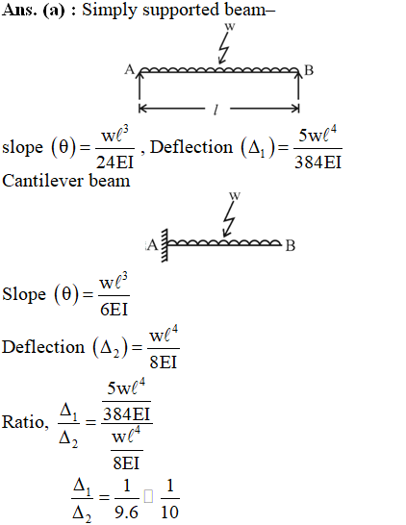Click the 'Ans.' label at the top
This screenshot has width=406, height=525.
click(x=19, y=10)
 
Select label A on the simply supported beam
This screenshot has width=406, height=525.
click(x=130, y=69)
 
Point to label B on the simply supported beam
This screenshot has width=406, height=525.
click(x=309, y=70)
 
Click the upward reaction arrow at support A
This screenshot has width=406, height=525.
click(x=140, y=86)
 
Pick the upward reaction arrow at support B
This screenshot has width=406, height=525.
click(x=298, y=86)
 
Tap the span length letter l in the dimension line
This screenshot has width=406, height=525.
click(x=216, y=110)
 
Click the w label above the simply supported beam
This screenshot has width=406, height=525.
click(x=230, y=27)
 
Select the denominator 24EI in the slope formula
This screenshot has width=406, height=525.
click(x=114, y=162)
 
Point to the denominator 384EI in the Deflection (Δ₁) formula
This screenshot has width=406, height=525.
click(x=317, y=162)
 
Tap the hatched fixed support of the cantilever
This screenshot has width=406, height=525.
click(x=165, y=246)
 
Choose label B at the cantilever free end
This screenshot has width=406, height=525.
click(x=291, y=245)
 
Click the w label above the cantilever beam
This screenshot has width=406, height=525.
click(x=235, y=195)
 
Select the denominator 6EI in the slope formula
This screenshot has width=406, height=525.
click(x=114, y=310)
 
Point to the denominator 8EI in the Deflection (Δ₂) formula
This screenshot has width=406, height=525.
click(x=164, y=362)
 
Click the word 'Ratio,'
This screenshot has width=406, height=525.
click(x=25, y=422)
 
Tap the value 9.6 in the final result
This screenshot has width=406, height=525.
click(x=126, y=512)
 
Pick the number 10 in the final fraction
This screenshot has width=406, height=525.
click(x=170, y=512)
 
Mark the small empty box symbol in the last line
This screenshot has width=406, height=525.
click(x=148, y=496)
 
